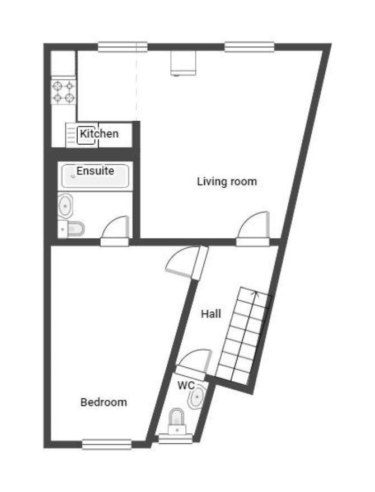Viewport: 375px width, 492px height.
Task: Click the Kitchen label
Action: pyautogui.click(x=99, y=134)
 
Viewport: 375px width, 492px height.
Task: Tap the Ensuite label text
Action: pyautogui.click(x=95, y=171)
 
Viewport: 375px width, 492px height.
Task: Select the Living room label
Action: pyautogui.click(x=227, y=181)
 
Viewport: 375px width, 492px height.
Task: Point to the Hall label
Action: pyautogui.click(x=211, y=314)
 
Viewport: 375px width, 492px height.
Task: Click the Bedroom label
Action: pyautogui.click(x=104, y=402)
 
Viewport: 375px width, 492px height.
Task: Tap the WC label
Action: pyautogui.click(x=186, y=385)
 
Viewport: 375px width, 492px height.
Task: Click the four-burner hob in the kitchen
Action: pyautogui.click(x=63, y=92)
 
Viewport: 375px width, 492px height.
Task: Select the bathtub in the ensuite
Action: pyautogui.click(x=95, y=176)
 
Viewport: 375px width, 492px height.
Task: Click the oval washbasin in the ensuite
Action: pyautogui.click(x=65, y=206)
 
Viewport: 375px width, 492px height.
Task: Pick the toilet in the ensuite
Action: pyautogui.click(x=72, y=229)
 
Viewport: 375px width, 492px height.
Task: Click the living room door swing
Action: pyautogui.click(x=253, y=225)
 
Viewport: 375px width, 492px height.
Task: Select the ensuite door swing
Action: pyautogui.click(x=115, y=227)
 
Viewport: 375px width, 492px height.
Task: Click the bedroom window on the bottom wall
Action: pyautogui.click(x=107, y=444)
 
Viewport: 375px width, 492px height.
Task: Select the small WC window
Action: pyautogui.click(x=175, y=438)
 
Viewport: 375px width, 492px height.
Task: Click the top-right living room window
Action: pyautogui.click(x=250, y=47)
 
